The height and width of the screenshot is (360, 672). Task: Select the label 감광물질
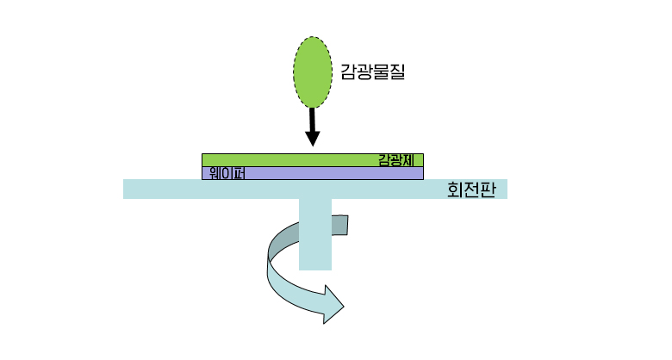click(373, 72)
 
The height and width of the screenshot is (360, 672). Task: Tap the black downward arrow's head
click(313, 139)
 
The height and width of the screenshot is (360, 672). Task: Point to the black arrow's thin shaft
click(312, 118)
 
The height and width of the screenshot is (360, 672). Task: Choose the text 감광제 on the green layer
click(396, 160)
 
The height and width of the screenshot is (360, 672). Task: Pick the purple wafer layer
click(327, 173)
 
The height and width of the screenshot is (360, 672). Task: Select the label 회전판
click(471, 189)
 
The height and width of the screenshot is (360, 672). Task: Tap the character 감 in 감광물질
click(351, 72)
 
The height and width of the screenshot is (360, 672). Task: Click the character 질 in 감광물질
click(395, 72)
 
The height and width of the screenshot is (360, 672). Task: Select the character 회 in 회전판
click(456, 189)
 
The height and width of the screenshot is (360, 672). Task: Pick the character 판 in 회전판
click(488, 189)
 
